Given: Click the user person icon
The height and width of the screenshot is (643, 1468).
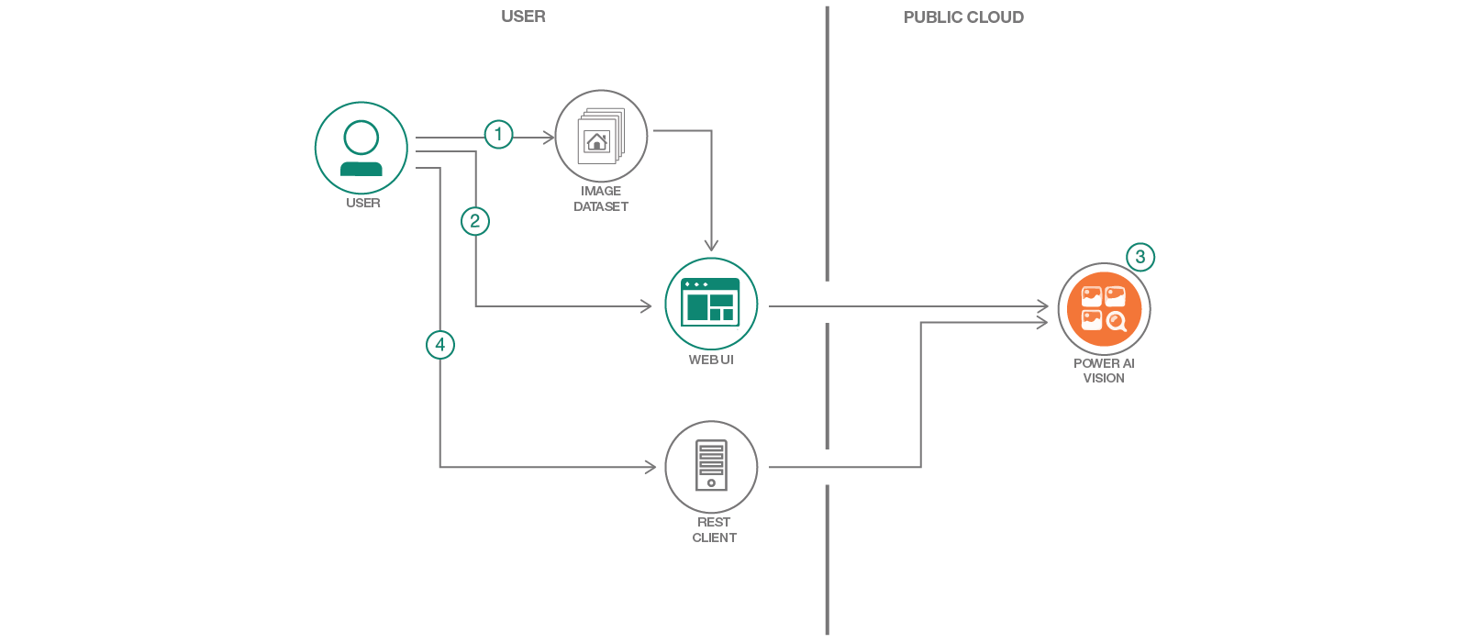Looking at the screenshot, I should coord(361,148).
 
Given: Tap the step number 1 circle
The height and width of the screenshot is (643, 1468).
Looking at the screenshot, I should coord(498,135).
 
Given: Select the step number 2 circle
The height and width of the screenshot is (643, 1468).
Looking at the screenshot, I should coord(475,221).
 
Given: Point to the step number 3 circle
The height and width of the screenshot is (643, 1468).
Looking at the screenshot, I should coord(1140,257).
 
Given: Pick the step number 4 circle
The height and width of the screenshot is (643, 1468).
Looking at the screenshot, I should coord(440,345).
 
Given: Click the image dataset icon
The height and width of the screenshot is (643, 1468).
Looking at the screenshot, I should coord(601,136).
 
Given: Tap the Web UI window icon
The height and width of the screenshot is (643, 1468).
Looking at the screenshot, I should coord(711,304).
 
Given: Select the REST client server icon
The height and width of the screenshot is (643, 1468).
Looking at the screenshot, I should coord(711,467).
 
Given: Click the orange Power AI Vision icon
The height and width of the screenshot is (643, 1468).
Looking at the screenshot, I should coord(1104,308).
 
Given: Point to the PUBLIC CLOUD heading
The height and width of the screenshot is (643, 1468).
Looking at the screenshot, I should coord(963,17).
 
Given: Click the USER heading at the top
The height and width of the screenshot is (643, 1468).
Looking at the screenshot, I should coord(523,17).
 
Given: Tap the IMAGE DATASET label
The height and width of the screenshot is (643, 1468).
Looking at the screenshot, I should coord(601,199).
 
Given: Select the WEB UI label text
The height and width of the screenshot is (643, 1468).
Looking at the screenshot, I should coord(711,360).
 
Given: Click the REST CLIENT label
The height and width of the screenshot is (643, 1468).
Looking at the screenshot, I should coord(714,530).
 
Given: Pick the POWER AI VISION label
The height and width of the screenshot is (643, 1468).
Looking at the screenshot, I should coord(1104,371).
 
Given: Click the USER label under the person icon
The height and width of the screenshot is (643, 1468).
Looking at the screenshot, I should coord(363,203).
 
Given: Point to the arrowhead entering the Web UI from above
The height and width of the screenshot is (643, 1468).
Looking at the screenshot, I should coord(711,246).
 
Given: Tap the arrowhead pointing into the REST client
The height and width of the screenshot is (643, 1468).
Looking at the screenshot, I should coord(651,467).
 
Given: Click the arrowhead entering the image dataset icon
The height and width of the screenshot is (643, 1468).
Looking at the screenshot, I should coord(549,138).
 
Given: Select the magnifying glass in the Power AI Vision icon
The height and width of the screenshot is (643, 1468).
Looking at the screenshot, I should coord(1117,321).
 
